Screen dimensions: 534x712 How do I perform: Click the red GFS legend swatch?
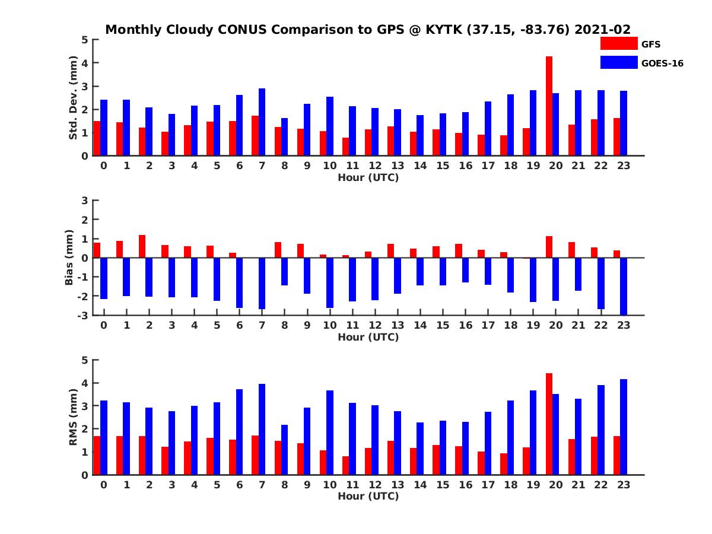tap(618, 43)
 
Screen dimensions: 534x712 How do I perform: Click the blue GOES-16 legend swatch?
tap(618, 62)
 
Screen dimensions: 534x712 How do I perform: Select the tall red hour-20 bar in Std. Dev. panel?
tap(549, 106)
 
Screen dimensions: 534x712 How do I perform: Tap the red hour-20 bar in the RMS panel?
tap(549, 424)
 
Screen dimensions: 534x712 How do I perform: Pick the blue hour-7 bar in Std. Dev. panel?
tap(262, 122)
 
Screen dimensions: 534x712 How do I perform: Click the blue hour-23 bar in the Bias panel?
tap(624, 286)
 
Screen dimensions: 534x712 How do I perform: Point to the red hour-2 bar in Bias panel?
tap(142, 246)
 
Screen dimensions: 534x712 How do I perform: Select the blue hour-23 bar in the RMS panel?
tap(624, 427)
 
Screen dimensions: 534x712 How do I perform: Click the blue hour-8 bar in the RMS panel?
tap(285, 449)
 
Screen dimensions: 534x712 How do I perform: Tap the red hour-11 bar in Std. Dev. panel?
tap(345, 147)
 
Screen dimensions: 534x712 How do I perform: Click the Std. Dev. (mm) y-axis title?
tap(74, 98)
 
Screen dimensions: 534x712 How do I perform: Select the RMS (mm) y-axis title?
tap(74, 418)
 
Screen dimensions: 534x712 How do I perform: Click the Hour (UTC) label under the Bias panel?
tap(368, 337)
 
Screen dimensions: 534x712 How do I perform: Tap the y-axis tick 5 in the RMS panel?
tap(84, 360)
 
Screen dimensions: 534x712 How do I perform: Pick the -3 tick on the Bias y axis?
tap(83, 315)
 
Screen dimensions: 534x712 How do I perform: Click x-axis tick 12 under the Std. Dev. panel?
tap(375, 166)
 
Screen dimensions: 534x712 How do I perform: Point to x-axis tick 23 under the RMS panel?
tap(624, 485)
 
